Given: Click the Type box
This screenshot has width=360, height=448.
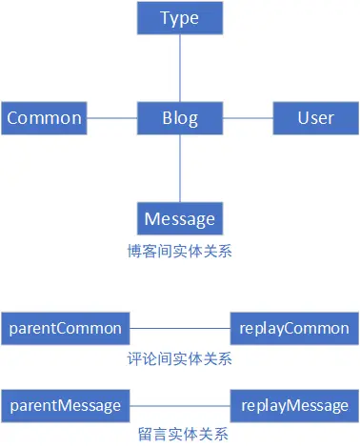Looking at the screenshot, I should (180, 19).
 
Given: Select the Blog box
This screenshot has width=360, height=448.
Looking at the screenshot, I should (180, 119).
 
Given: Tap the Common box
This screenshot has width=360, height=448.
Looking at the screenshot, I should (42, 119).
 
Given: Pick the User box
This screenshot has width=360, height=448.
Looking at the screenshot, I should (315, 119).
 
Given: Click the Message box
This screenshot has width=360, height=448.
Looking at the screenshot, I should (180, 219).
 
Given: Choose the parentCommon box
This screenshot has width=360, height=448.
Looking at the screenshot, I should (64, 329).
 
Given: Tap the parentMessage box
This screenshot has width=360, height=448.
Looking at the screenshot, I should (64, 405).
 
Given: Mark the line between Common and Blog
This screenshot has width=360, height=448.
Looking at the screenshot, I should (110, 119).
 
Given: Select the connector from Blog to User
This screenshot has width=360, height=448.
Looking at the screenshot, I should (248, 119).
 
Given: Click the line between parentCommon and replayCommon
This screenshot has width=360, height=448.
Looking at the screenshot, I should (179, 329).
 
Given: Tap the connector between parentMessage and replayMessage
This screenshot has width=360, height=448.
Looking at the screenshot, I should (179, 405).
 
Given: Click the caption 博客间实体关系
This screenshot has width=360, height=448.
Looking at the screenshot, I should (180, 252).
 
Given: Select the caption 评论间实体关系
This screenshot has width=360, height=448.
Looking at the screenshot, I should (179, 359).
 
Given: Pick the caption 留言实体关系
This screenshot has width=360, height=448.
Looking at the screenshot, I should (179, 435).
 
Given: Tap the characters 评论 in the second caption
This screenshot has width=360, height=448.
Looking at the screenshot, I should (140, 359).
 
